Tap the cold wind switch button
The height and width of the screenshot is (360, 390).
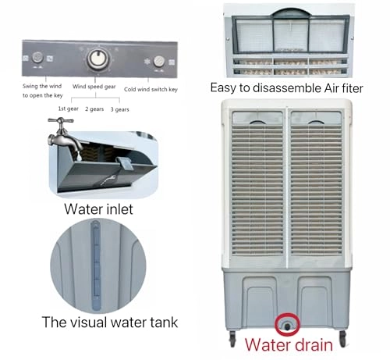[158, 60]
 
